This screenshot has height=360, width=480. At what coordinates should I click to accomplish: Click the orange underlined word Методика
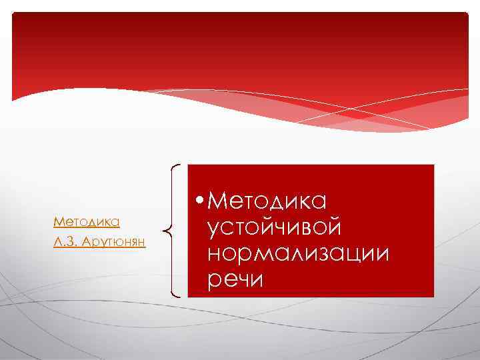coord(86,221)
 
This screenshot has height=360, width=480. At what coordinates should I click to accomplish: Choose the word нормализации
coord(298,253)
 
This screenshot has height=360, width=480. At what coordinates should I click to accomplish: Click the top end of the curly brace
coord(181,166)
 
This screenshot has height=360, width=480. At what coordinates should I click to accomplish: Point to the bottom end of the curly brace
coord(181,294)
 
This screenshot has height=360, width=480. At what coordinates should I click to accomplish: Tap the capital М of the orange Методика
coord(57,221)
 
